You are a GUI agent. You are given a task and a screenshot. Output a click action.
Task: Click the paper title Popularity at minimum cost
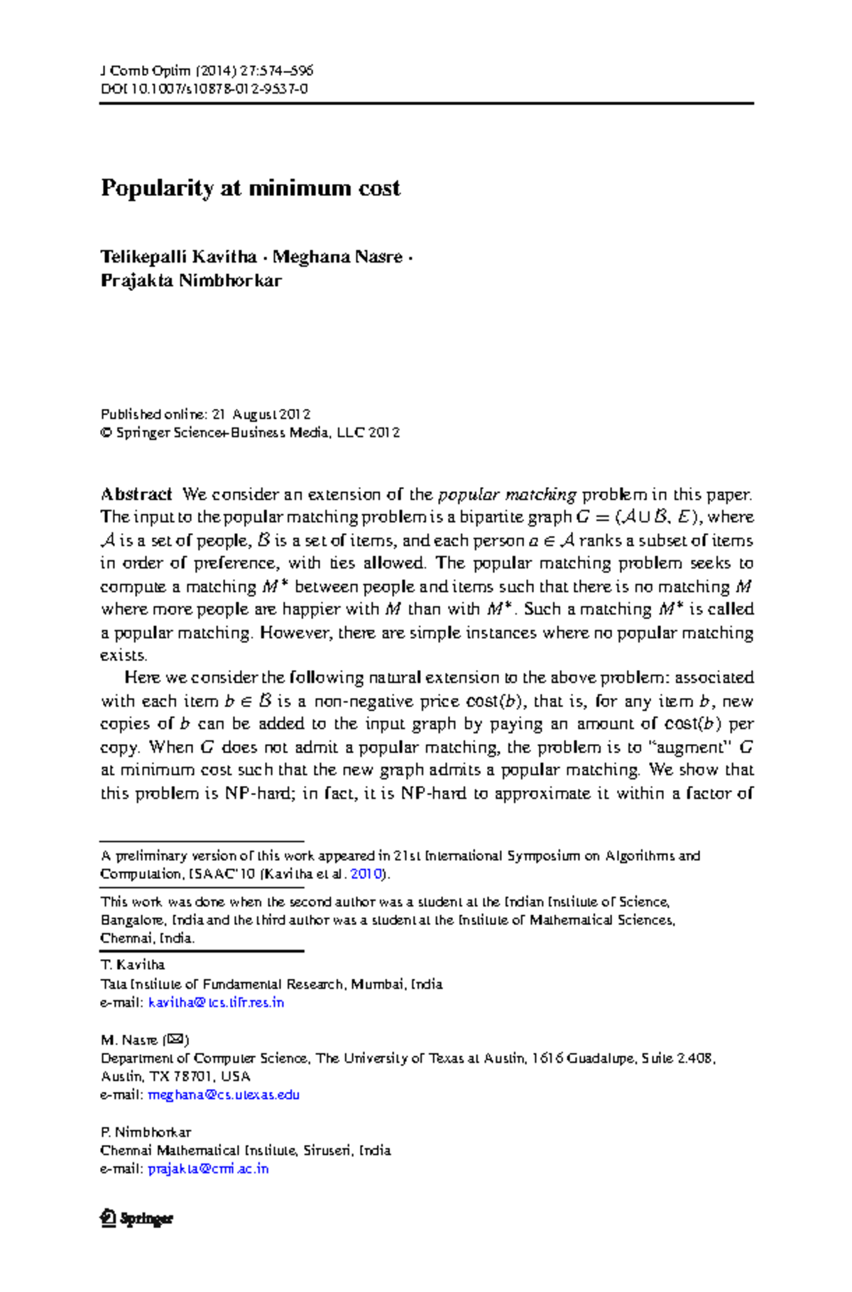250,188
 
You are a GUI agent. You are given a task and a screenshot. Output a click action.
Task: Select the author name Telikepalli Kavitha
178,256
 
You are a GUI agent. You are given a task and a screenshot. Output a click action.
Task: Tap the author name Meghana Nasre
337,256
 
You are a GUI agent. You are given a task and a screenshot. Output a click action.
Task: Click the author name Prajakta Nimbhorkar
191,280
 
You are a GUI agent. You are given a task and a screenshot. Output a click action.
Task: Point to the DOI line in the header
204,89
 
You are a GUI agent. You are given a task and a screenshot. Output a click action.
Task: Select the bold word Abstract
136,494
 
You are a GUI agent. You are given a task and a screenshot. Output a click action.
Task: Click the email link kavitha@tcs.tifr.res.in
216,1002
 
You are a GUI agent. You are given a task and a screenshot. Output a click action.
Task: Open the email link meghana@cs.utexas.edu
224,1095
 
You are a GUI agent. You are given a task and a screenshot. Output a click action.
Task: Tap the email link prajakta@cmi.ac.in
208,1168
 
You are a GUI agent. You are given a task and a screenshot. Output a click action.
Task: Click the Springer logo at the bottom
137,1218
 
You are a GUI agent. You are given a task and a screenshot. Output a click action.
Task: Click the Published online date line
205,414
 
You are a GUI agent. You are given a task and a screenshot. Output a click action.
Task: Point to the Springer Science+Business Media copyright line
250,432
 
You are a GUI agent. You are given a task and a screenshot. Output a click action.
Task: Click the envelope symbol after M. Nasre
175,1040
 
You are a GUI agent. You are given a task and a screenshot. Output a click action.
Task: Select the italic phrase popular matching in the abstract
507,494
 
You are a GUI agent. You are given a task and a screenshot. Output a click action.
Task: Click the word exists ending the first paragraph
122,655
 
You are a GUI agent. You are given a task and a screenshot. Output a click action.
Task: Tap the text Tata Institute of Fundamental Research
222,985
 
